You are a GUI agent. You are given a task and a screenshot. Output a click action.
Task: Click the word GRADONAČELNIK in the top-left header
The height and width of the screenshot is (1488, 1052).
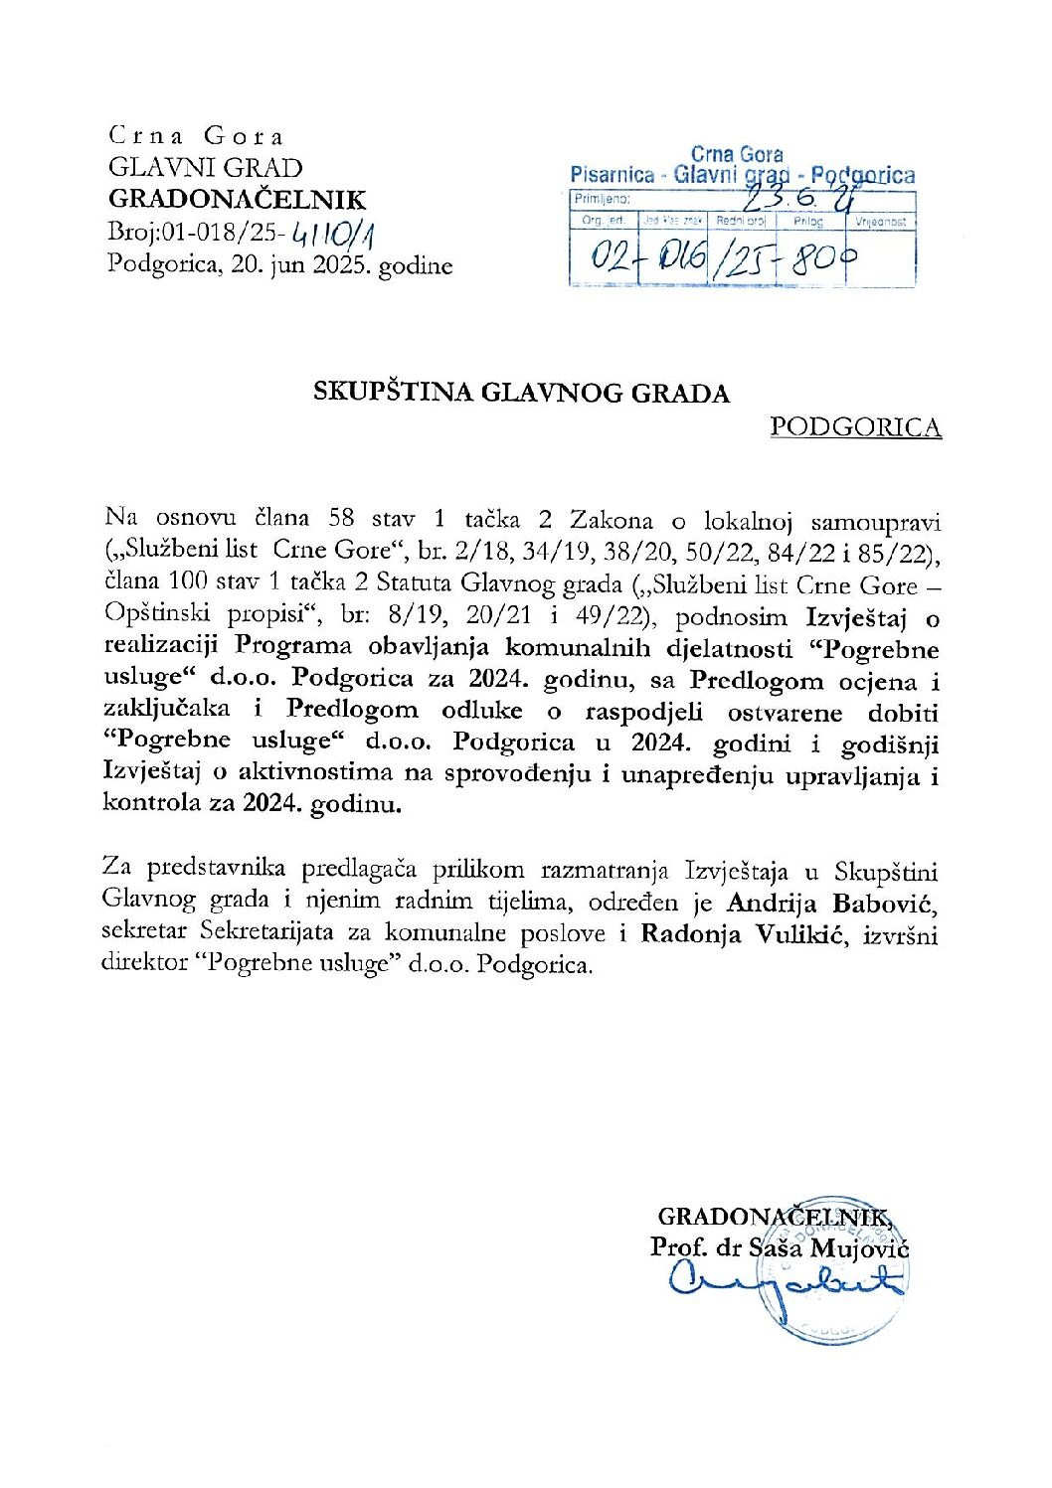(237, 200)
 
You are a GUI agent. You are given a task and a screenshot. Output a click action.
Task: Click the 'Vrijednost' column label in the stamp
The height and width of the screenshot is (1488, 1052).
(881, 223)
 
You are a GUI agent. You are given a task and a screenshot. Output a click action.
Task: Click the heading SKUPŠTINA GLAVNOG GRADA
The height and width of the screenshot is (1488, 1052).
(522, 393)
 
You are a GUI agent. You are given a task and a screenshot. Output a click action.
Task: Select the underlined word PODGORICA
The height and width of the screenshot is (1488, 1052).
(855, 427)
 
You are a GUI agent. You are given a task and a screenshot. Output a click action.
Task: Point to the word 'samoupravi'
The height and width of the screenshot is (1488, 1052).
(875, 520)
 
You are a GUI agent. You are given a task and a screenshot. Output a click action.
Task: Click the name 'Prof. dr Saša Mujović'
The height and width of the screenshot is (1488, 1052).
(780, 1246)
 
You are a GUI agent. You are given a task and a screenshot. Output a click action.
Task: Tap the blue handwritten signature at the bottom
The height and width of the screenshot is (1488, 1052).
(786, 1283)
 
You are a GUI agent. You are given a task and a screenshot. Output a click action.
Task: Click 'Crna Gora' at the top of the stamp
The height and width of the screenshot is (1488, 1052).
(737, 154)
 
